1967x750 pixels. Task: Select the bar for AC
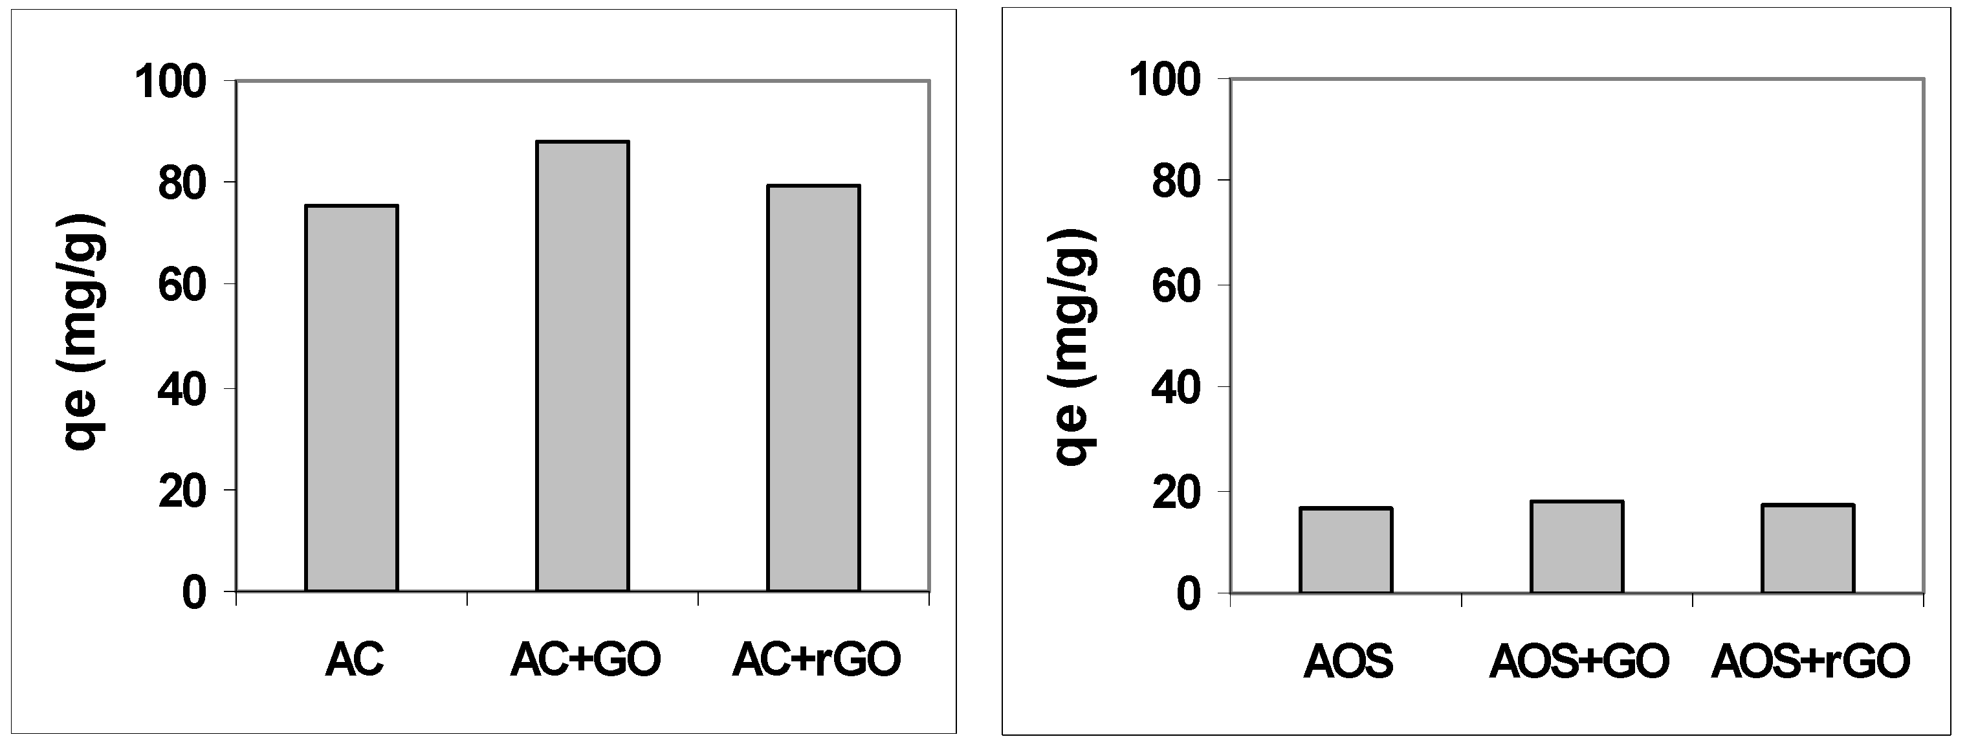[351, 398]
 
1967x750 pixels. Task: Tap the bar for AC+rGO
[814, 388]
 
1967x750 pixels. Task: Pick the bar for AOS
[1346, 550]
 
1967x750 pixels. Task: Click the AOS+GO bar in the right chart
[1577, 547]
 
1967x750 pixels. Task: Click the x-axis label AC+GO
[586, 659]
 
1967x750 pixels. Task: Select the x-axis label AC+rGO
[817, 659]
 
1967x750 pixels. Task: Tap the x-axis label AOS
[1348, 661]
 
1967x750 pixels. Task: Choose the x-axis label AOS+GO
[1579, 661]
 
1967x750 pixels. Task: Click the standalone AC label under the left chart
[355, 659]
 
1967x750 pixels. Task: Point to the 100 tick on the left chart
[171, 82]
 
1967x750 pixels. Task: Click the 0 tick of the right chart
[1189, 594]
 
